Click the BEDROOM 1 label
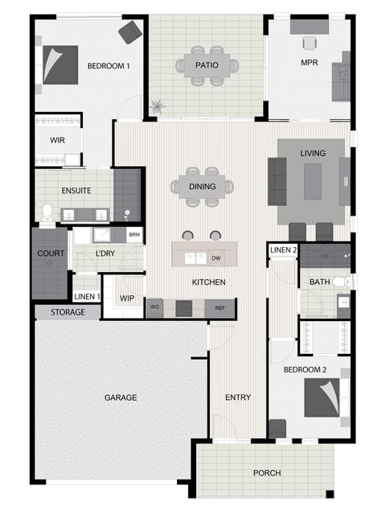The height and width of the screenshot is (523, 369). (x=109, y=66)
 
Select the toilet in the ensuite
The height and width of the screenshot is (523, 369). (x=47, y=212)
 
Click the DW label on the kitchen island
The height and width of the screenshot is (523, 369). (x=216, y=258)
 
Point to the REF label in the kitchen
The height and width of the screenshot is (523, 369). (x=219, y=308)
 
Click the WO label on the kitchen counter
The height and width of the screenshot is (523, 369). (x=154, y=307)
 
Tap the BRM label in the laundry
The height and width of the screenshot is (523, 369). (x=134, y=234)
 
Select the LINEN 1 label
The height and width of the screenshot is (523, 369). (x=87, y=297)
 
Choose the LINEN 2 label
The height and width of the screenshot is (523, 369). (x=283, y=249)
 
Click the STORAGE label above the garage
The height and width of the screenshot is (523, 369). (x=68, y=312)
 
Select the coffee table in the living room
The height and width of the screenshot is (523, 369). (x=313, y=182)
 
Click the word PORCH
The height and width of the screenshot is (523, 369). (x=267, y=473)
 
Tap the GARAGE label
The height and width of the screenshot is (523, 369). (x=121, y=397)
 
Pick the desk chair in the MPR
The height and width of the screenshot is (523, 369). (x=310, y=43)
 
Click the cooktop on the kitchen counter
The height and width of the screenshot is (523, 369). (x=184, y=308)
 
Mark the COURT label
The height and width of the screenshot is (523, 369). (x=51, y=253)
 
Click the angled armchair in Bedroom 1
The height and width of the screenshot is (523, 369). (x=130, y=32)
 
